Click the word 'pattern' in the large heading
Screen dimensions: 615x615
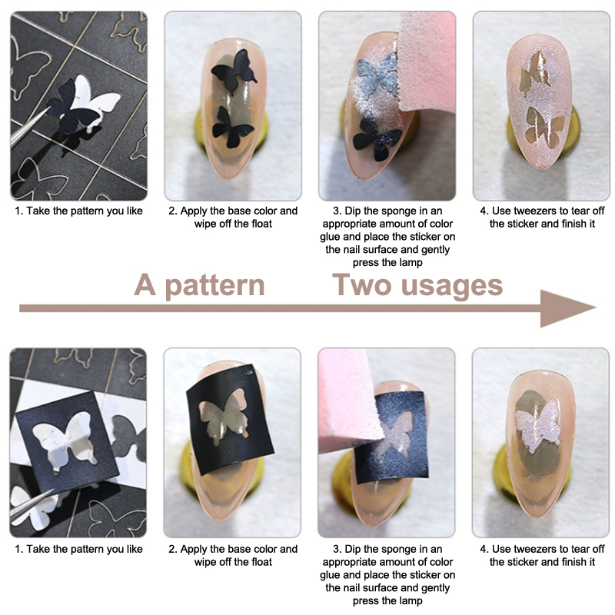(215, 286)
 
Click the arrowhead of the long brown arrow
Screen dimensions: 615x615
(567, 308)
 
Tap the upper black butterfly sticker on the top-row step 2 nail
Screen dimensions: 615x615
(234, 71)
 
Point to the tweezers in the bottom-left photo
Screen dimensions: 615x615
(32, 506)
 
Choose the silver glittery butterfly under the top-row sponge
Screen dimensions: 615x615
(378, 75)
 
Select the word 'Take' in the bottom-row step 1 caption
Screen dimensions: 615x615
(38, 549)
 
